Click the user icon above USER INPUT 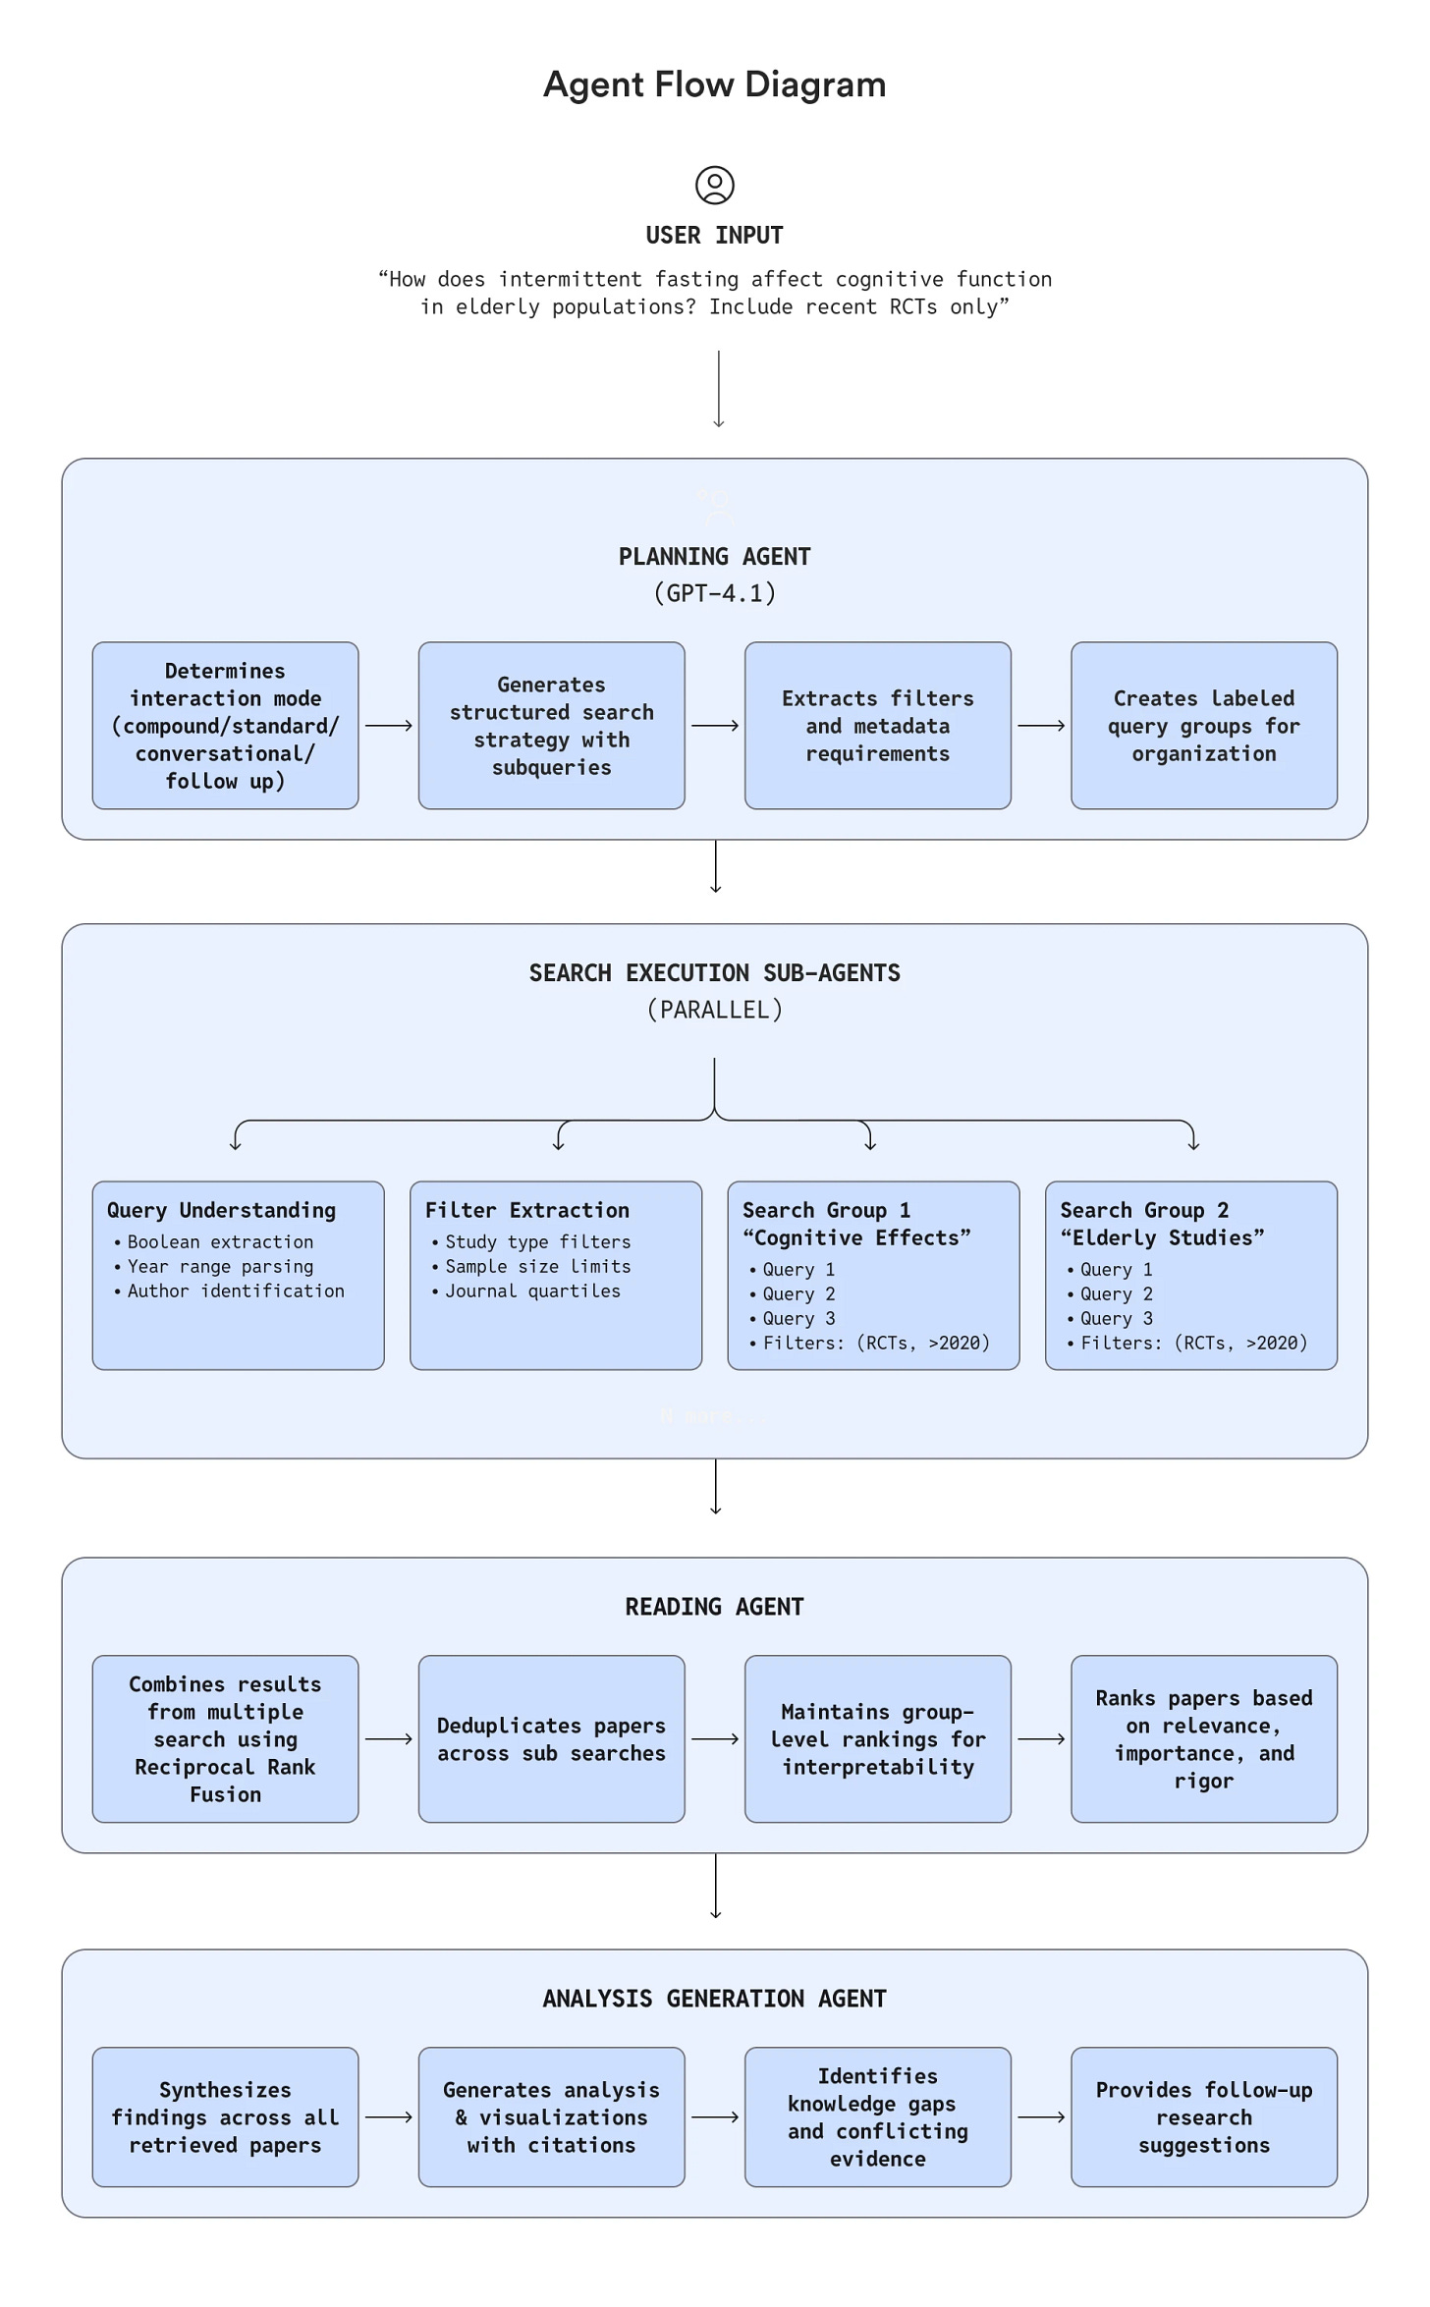pyautogui.click(x=714, y=185)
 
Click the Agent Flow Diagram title pyautogui.click(x=714, y=84)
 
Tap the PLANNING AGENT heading pyautogui.click(x=714, y=557)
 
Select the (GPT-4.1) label pyautogui.click(x=714, y=593)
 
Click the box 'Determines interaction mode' pyautogui.click(x=225, y=726)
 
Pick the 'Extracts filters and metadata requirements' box pyautogui.click(x=877, y=726)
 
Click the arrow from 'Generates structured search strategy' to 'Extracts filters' pyautogui.click(x=714, y=726)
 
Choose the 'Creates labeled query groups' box pyautogui.click(x=1203, y=726)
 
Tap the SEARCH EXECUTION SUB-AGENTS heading pyautogui.click(x=714, y=973)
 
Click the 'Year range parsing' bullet pyautogui.click(x=220, y=1267)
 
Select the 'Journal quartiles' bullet pyautogui.click(x=532, y=1291)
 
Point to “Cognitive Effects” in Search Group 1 pyautogui.click(x=856, y=1237)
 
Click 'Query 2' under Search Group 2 pyautogui.click(x=1117, y=1294)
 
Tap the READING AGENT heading pyautogui.click(x=714, y=1607)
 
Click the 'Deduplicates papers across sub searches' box pyautogui.click(x=551, y=1739)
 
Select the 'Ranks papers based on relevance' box pyautogui.click(x=1203, y=1739)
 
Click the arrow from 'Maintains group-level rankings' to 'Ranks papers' pyautogui.click(x=1040, y=1739)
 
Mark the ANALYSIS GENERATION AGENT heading pyautogui.click(x=714, y=1999)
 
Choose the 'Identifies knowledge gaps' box pyautogui.click(x=877, y=2117)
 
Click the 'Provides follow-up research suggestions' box pyautogui.click(x=1203, y=2117)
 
